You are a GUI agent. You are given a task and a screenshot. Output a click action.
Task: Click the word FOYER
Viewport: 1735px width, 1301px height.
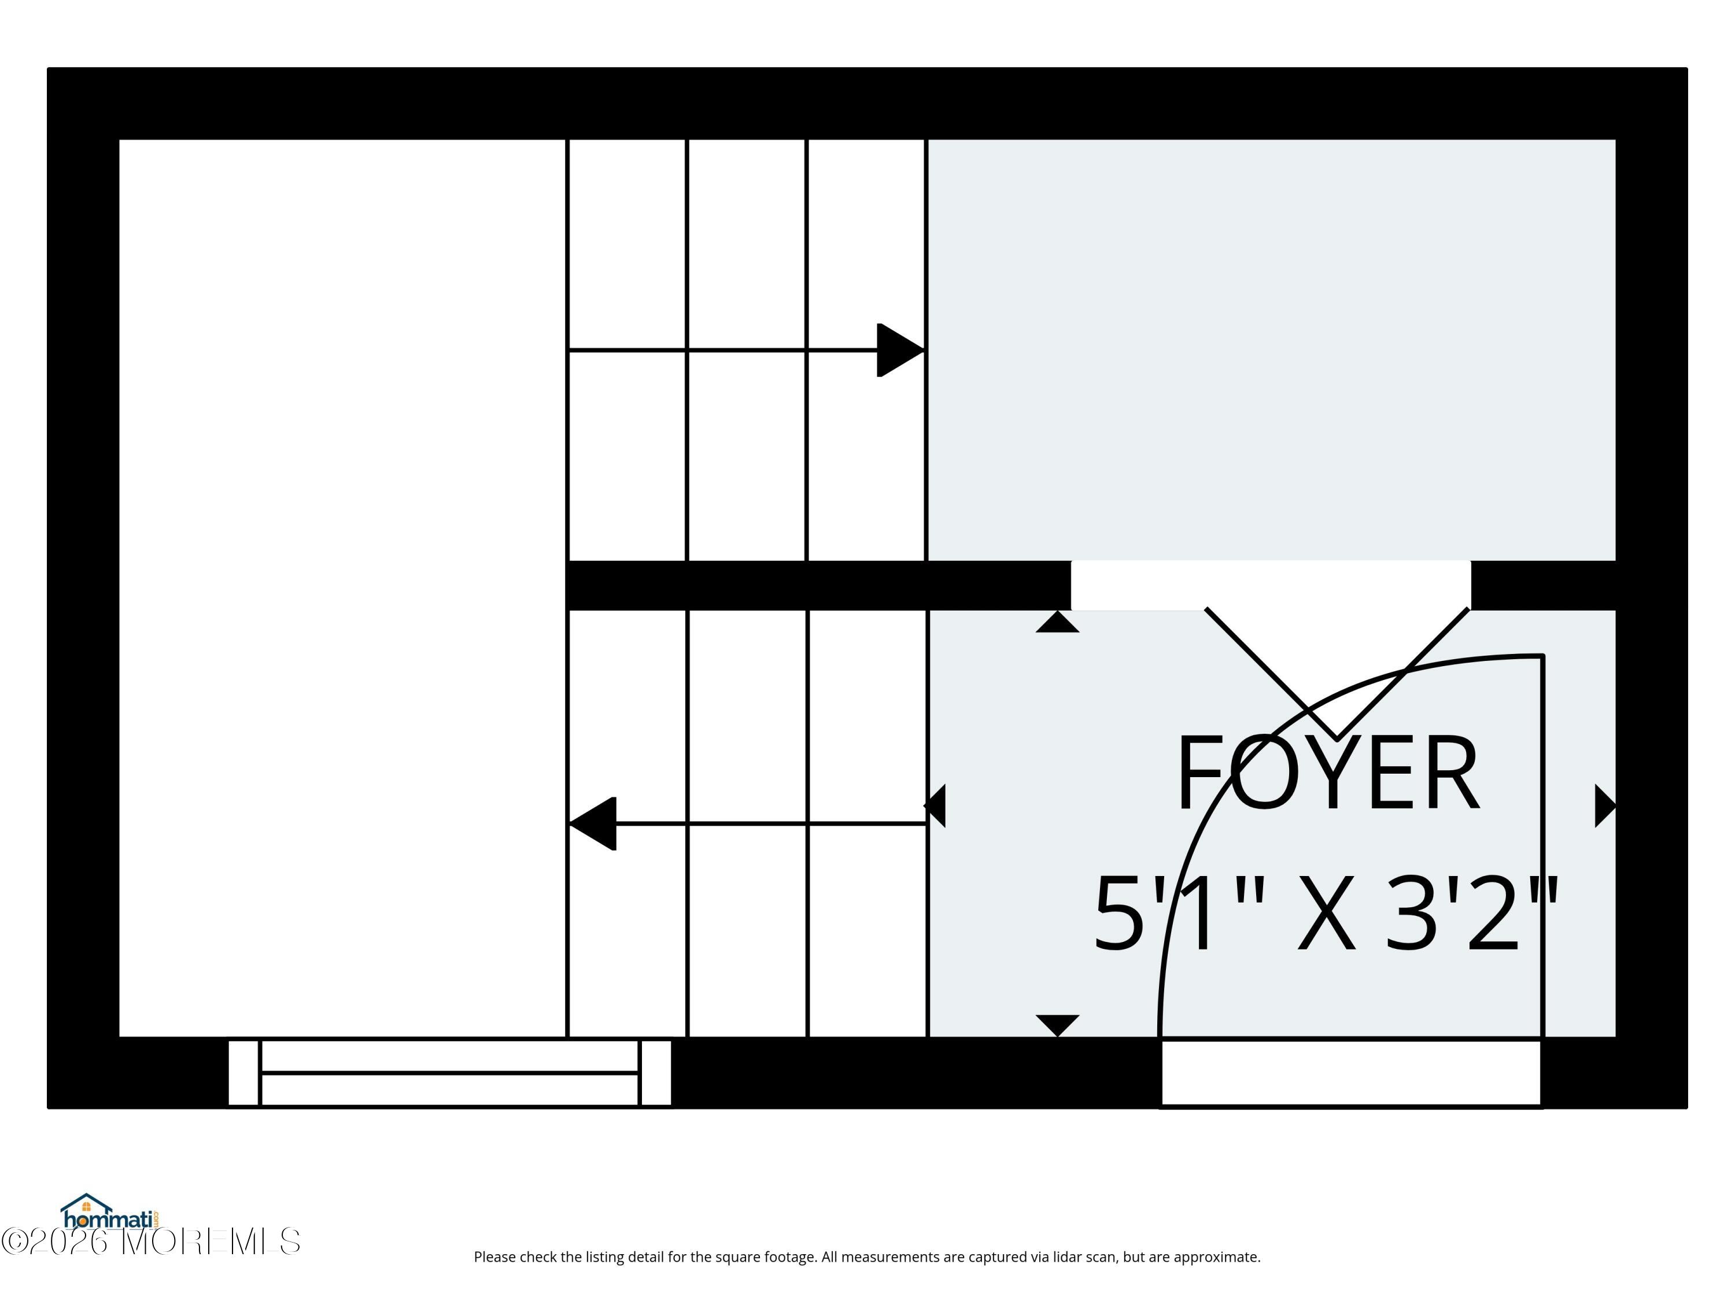tap(1327, 773)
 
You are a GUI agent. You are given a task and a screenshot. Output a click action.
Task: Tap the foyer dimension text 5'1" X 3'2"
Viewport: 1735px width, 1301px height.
tap(1326, 914)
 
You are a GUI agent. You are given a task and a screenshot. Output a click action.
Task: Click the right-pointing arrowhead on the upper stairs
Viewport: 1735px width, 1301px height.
tap(900, 350)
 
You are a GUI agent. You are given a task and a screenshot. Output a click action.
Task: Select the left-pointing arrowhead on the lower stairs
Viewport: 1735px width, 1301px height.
tap(592, 823)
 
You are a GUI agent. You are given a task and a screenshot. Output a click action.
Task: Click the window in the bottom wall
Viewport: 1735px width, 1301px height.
tap(449, 1072)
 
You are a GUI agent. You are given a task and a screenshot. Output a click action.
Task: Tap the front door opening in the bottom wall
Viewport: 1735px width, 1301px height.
tap(1350, 1072)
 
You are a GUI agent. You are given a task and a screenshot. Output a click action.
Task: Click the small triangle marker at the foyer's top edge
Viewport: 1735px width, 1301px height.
tap(1057, 621)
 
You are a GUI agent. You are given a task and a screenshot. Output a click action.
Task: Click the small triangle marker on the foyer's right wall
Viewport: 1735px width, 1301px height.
tap(1605, 806)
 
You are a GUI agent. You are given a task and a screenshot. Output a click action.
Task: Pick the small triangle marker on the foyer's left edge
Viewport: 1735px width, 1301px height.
tap(935, 805)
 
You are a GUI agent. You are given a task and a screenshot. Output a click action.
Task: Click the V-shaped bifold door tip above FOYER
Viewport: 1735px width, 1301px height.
tap(1337, 738)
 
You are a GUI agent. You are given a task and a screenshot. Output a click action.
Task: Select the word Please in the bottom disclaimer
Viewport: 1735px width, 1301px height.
tap(495, 1257)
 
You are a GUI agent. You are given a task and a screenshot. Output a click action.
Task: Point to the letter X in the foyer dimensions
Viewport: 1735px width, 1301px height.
tap(1326, 914)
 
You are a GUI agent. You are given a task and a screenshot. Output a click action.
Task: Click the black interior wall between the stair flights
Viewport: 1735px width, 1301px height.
tap(818, 585)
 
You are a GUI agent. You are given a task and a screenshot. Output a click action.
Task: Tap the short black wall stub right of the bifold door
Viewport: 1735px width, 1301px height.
tap(1543, 585)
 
